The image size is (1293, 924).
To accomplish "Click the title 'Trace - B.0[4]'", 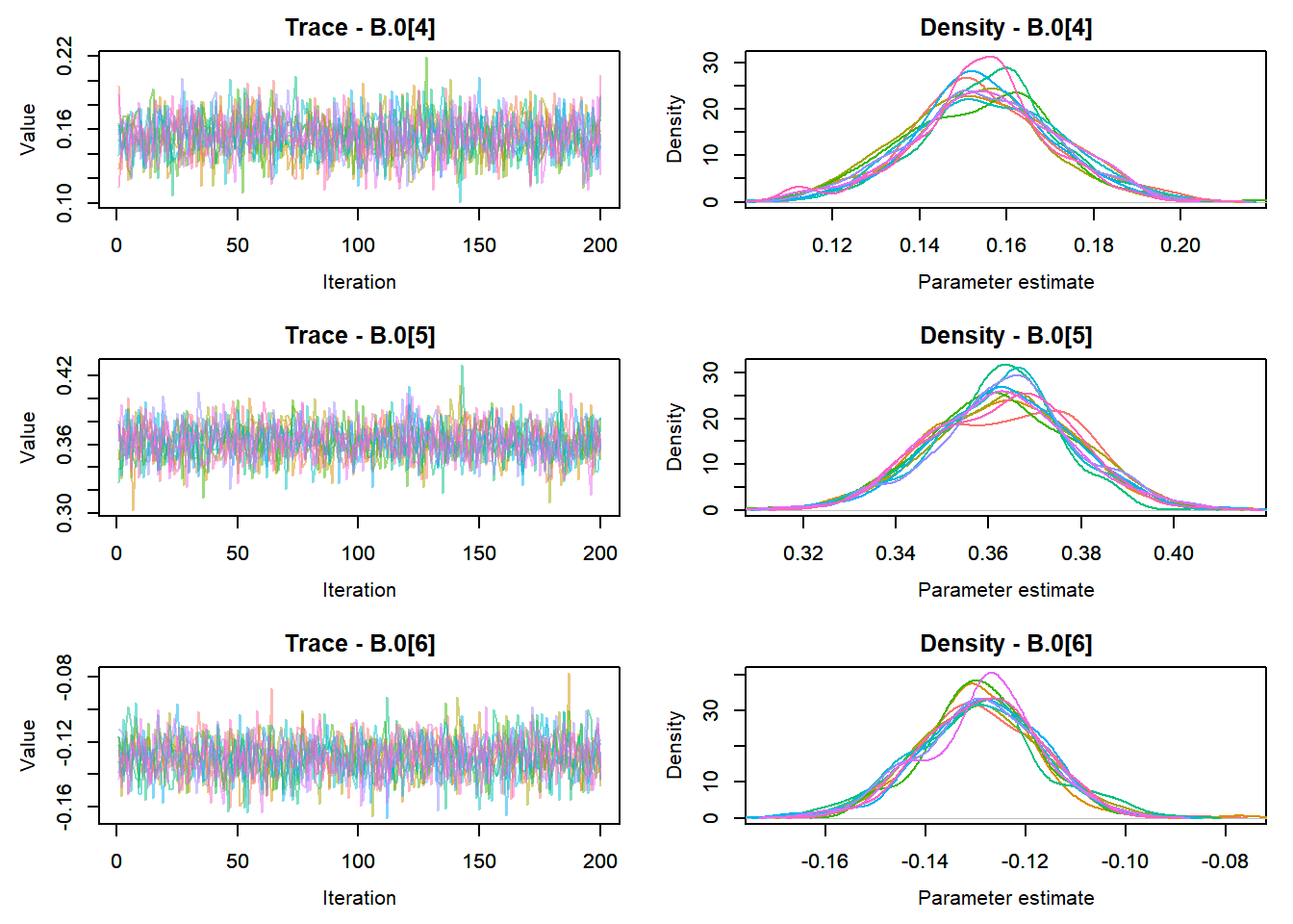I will point(360,28).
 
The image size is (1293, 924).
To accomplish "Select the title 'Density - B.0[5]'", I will point(1005,336).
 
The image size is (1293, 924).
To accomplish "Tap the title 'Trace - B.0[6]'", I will point(360,644).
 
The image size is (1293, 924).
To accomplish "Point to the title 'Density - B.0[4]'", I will point(1005,28).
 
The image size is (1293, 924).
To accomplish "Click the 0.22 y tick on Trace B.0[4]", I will point(64,56).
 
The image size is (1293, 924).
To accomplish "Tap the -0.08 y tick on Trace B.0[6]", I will point(64,676).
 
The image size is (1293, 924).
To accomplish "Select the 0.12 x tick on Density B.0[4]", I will point(832,245).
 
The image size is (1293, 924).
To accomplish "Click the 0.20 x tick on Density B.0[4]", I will point(1180,245).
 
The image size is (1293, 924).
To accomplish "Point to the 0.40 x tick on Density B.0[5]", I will point(1174,553).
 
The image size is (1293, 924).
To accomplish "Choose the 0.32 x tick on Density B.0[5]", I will point(803,553).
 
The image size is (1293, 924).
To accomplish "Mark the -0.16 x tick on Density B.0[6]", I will point(825,861).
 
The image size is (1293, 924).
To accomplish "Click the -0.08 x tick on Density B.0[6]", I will point(1226,861).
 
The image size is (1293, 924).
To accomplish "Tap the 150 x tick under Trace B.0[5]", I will point(479,553).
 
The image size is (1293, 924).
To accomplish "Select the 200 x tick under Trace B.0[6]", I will point(600,861).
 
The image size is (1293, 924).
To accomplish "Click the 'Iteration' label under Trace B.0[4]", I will point(359,282).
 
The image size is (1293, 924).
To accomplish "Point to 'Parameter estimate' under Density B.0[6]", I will point(1005,898).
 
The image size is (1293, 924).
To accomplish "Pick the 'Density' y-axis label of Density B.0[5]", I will point(675,437).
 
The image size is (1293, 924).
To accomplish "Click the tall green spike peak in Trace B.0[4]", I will point(426,59).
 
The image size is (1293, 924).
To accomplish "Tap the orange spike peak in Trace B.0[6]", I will point(569,675).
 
